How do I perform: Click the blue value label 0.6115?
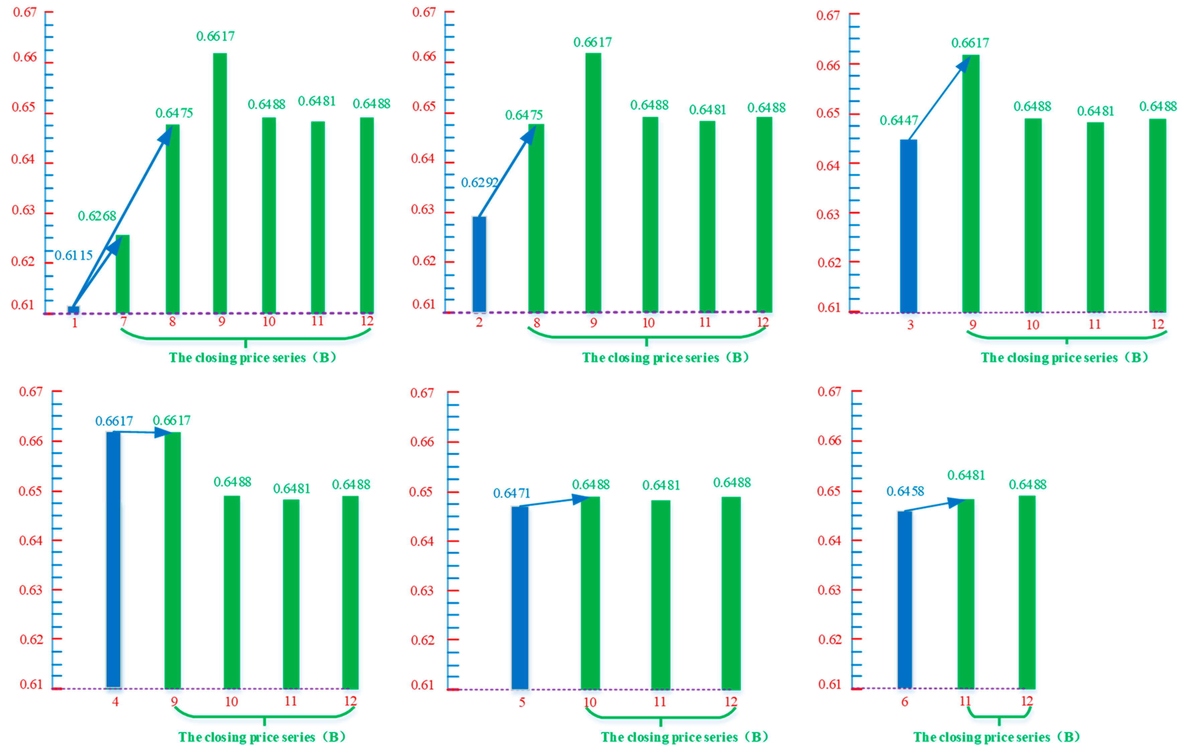pos(73,255)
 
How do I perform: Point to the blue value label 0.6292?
pos(479,183)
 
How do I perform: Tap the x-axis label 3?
pos(910,325)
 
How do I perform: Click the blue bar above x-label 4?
pos(113,559)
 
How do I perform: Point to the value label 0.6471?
pos(512,493)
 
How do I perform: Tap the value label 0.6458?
pos(905,491)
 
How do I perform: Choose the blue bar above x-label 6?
pos(905,599)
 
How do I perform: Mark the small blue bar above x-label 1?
pos(74,310)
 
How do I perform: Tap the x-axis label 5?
pos(522,703)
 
